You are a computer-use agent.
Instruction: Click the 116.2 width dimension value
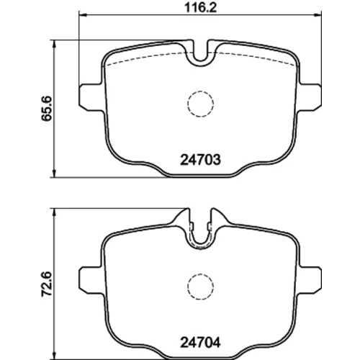tap(200, 8)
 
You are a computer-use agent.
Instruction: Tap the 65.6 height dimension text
tap(46, 109)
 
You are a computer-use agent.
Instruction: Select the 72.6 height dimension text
tap(46, 284)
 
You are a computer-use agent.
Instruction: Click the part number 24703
tap(200, 160)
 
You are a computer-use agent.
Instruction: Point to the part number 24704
tap(200, 343)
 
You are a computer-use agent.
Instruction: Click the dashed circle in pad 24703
tap(200, 91)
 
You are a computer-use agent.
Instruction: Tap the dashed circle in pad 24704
tap(200, 274)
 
